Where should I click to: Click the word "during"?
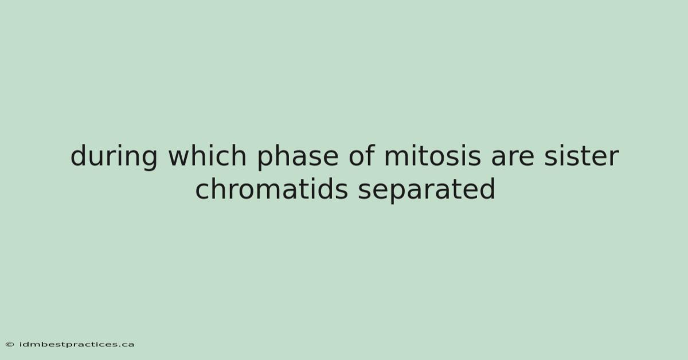[114, 156]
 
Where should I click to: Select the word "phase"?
[298, 157]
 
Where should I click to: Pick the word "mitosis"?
[432, 155]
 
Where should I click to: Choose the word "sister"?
[581, 155]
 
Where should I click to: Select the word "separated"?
[427, 190]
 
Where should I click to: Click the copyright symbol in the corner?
[10, 345]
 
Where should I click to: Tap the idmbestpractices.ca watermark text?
[77, 345]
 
